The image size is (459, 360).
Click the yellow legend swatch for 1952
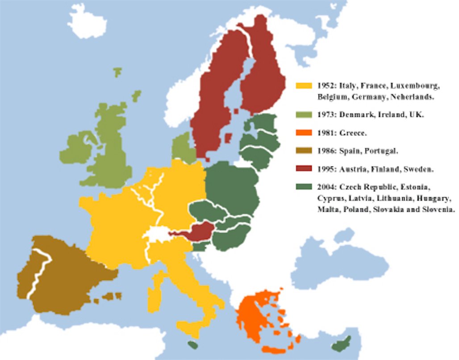coord(304,85)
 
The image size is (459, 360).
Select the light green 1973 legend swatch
coord(304,115)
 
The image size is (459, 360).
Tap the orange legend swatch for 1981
coord(304,133)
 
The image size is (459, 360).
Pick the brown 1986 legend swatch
coord(304,151)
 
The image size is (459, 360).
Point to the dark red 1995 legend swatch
coord(304,169)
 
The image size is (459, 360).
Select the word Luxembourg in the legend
coord(417,85)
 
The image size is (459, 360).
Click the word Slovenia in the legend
coord(436,209)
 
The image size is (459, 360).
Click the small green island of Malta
coord(192,345)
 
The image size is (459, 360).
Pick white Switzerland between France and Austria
coord(156,234)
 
